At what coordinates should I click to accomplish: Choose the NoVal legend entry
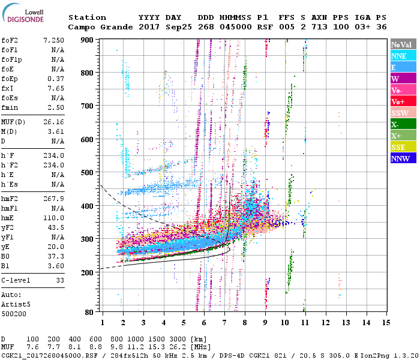click(x=403, y=44)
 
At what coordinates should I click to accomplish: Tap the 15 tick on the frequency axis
click(x=386, y=322)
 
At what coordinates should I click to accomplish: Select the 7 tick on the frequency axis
click(x=224, y=322)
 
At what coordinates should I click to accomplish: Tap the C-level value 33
click(x=59, y=280)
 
